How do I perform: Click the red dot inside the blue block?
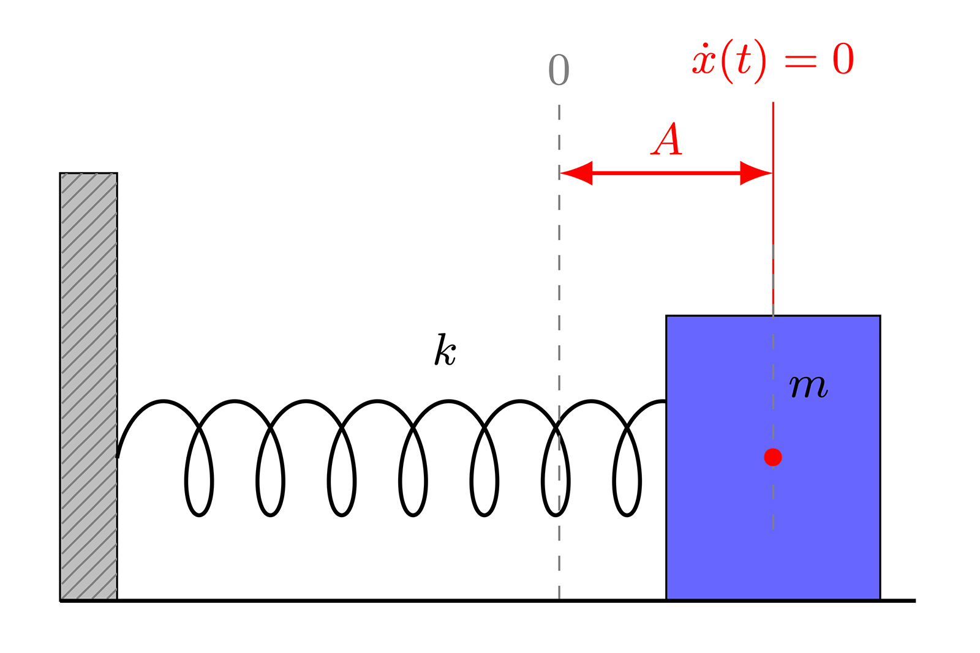click(773, 457)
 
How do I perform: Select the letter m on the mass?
click(809, 386)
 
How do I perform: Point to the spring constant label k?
click(445, 350)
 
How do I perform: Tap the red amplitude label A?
click(667, 140)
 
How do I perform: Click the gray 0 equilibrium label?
click(559, 70)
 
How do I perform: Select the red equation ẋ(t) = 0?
click(772, 61)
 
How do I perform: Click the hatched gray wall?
click(89, 386)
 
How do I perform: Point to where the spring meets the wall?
click(118, 456)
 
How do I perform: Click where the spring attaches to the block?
click(666, 401)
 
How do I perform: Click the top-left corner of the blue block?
click(666, 316)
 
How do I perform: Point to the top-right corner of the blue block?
click(880, 316)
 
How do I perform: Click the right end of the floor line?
click(915, 601)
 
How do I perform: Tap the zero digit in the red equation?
click(843, 60)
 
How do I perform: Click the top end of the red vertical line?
click(773, 103)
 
